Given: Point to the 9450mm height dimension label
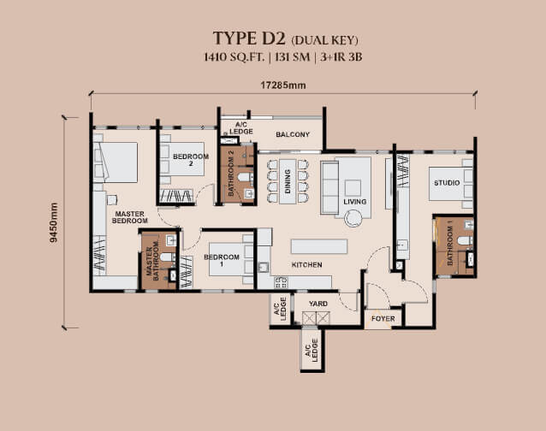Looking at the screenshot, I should point(53,223).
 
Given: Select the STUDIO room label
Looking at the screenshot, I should point(446,182).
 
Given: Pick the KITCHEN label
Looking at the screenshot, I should point(306,265).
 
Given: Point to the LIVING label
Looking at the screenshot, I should point(355,202).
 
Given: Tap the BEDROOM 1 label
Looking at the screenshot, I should point(218,261).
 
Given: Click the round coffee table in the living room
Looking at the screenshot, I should point(354,219).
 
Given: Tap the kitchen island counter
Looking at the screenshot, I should point(318,246).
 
